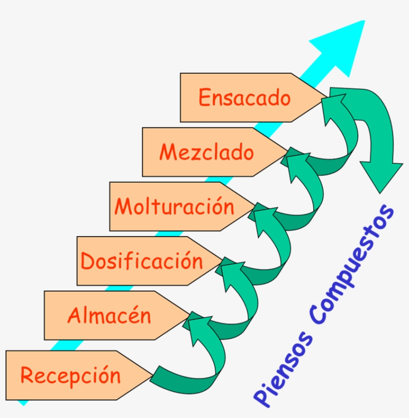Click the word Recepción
(x=70, y=375)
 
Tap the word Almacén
(x=109, y=315)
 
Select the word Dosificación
(x=142, y=261)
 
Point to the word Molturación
(x=174, y=206)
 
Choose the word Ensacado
(x=244, y=97)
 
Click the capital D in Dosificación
(x=88, y=262)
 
